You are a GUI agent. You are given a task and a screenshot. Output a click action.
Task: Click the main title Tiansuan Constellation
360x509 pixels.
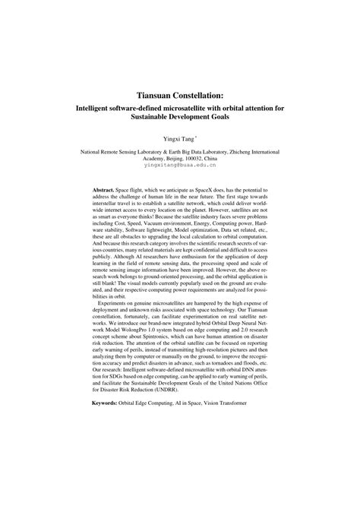(180, 96)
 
